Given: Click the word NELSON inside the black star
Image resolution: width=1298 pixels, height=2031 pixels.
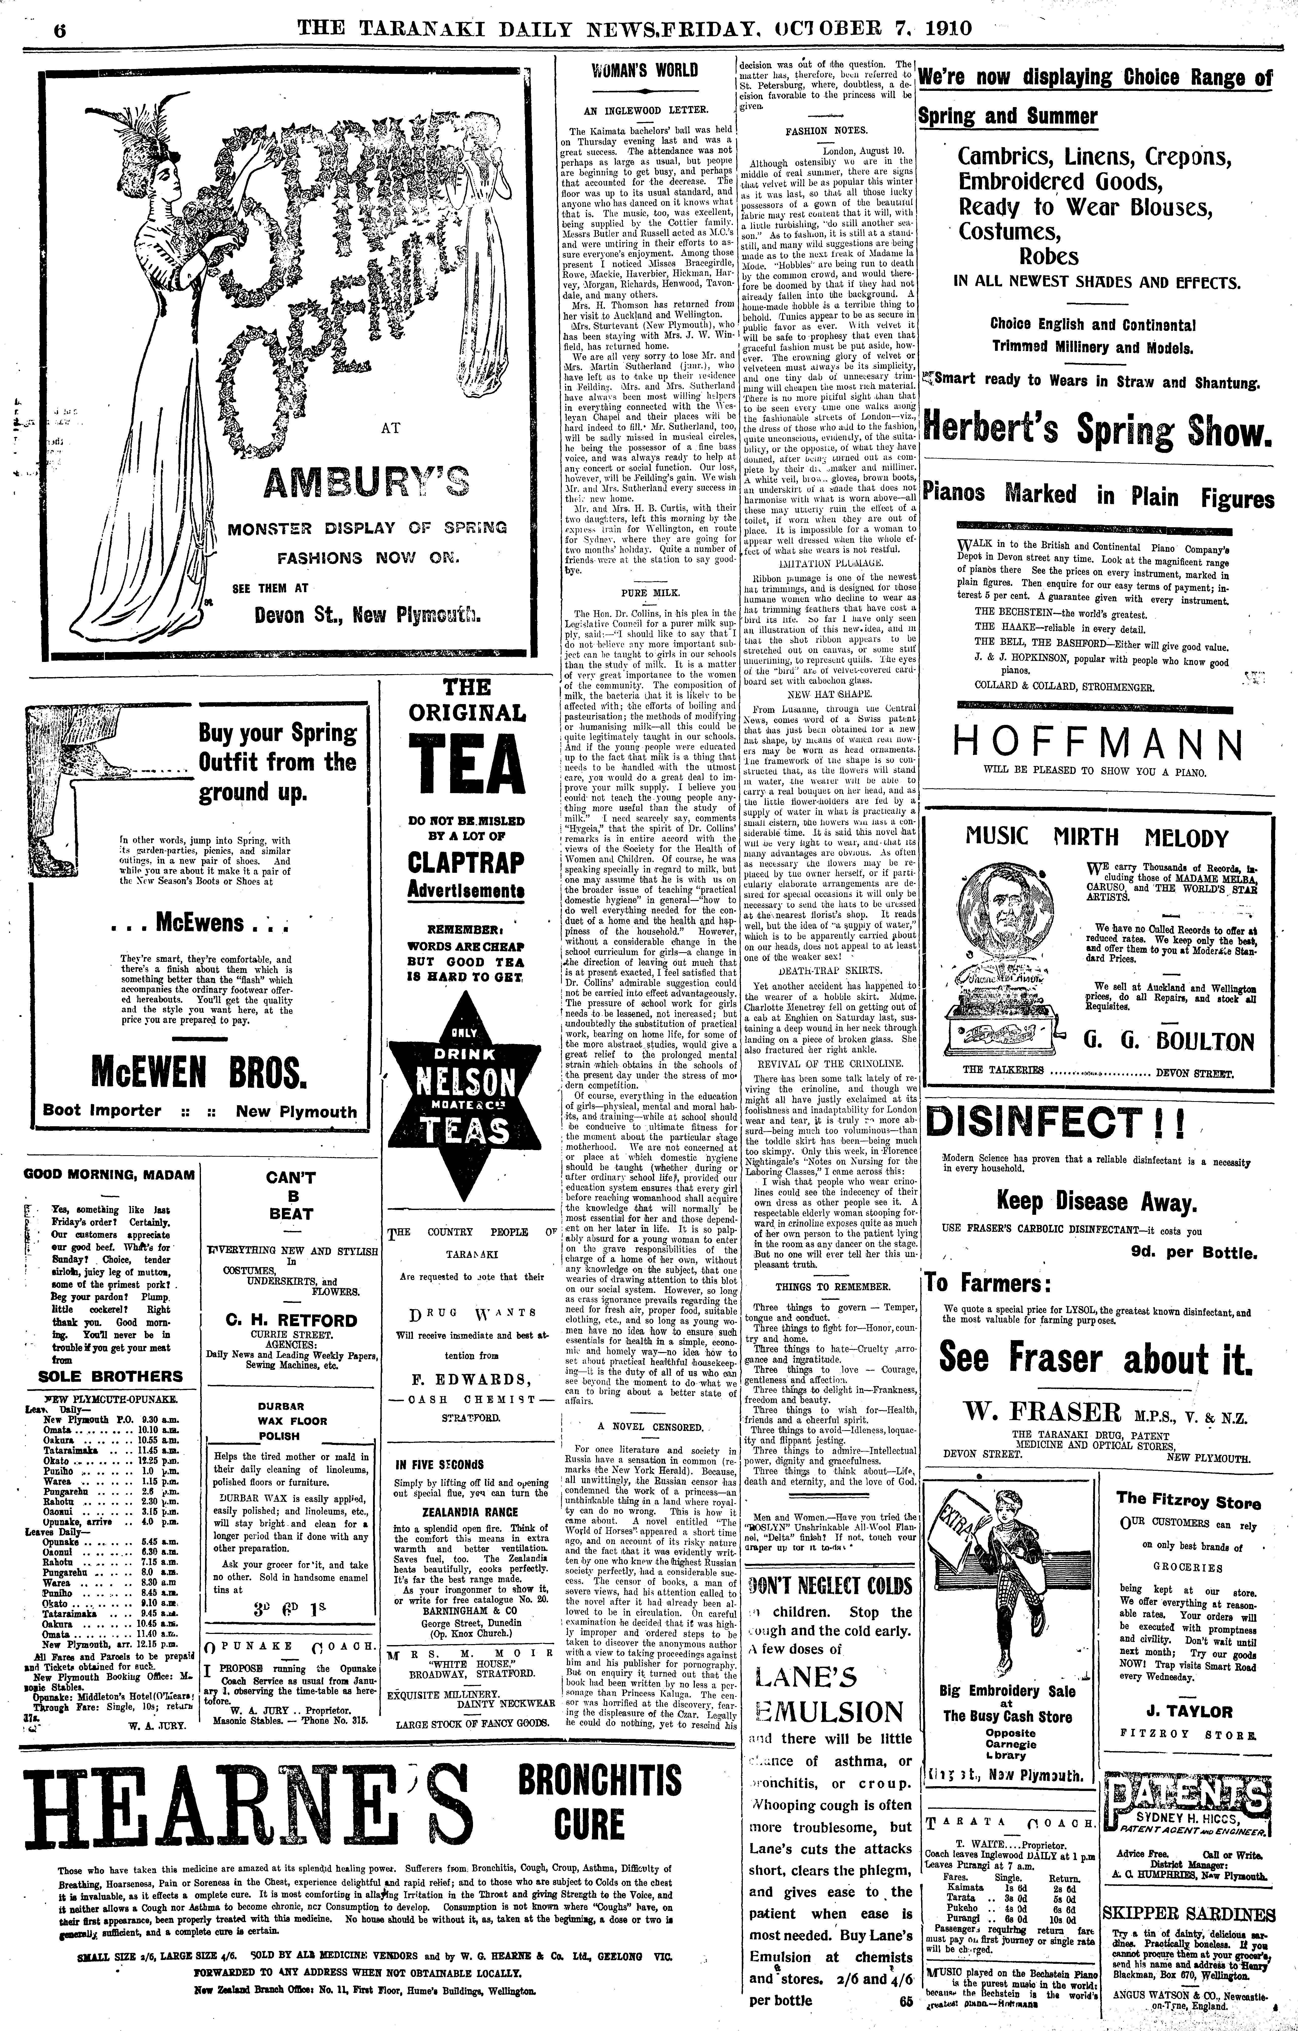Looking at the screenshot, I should pyautogui.click(x=467, y=1081).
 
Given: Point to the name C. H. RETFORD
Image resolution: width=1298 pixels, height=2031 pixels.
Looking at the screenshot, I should pyautogui.click(x=291, y=1320).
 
